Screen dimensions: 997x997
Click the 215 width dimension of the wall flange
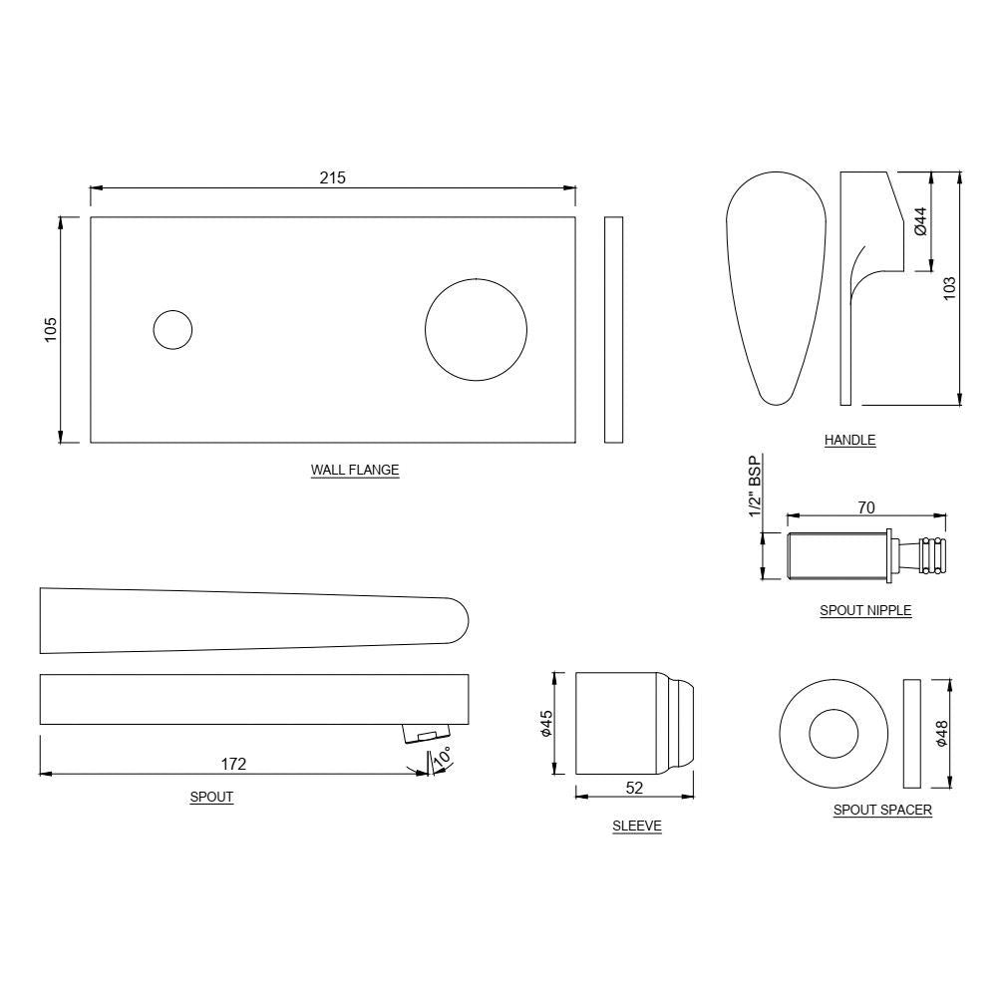332,177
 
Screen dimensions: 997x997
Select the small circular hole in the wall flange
172,329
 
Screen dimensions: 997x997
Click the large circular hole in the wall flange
477,329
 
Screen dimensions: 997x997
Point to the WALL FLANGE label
355,470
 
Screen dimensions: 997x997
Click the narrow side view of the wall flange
613,329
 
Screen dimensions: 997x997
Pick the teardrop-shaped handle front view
776,289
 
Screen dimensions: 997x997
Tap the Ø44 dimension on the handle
920,221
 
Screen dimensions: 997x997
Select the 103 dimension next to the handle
949,288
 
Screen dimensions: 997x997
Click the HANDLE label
849,440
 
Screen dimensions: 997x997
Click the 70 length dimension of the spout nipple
865,508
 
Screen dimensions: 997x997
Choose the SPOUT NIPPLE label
864,610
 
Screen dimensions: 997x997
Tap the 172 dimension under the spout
233,764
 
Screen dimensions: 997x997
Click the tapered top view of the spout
249,619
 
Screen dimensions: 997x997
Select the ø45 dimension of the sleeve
545,724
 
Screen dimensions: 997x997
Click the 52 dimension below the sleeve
634,788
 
